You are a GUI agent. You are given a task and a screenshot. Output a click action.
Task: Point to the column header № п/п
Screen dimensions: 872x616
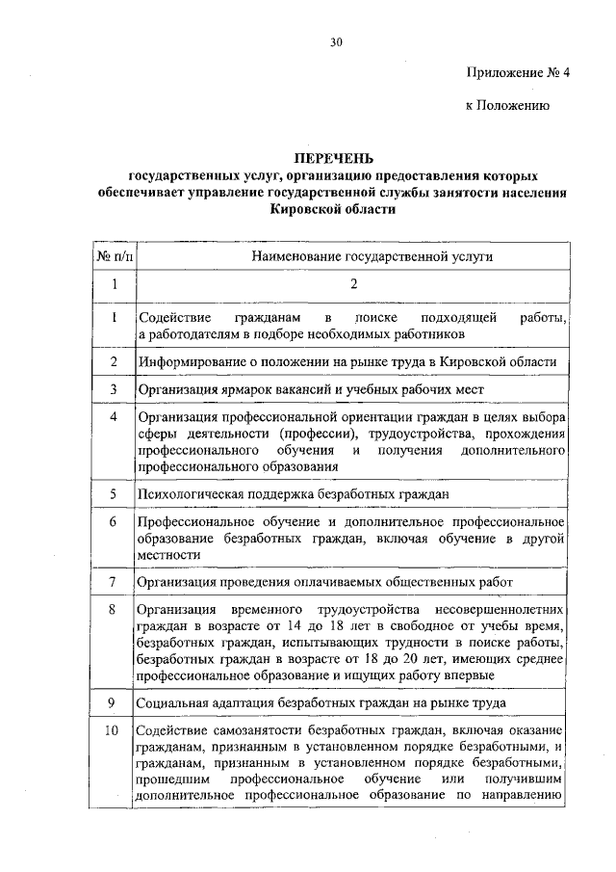tap(114, 256)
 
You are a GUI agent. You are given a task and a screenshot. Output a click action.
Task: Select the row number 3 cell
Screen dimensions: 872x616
tap(114, 389)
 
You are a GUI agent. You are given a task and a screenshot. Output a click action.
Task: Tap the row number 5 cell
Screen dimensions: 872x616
tap(114, 494)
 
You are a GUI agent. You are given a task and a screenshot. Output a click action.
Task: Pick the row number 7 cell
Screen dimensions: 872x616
tap(114, 582)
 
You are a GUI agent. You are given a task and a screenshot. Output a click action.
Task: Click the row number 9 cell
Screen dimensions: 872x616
tap(114, 702)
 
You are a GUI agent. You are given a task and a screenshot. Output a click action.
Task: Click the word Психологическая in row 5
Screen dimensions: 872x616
tap(192, 494)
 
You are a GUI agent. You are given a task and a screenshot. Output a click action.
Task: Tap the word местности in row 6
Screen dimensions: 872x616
tap(169, 555)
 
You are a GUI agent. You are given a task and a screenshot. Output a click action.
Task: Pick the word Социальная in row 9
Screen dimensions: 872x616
tap(172, 702)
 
